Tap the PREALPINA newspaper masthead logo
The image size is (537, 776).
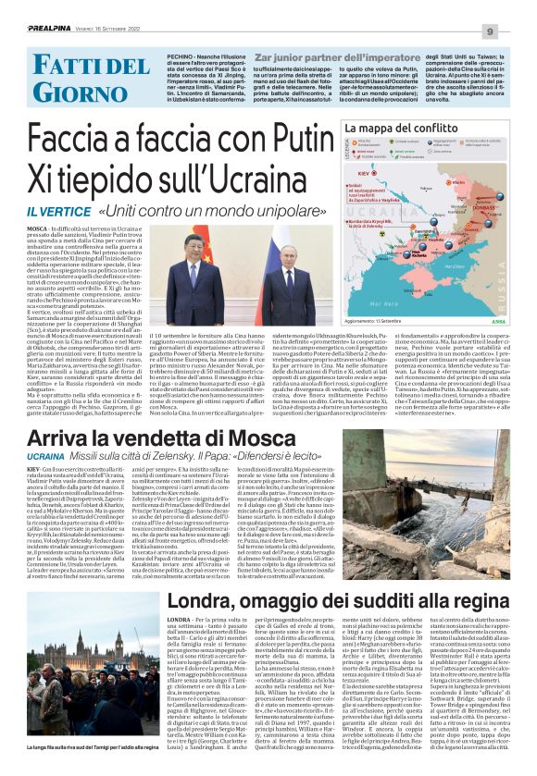click(x=29, y=7)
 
